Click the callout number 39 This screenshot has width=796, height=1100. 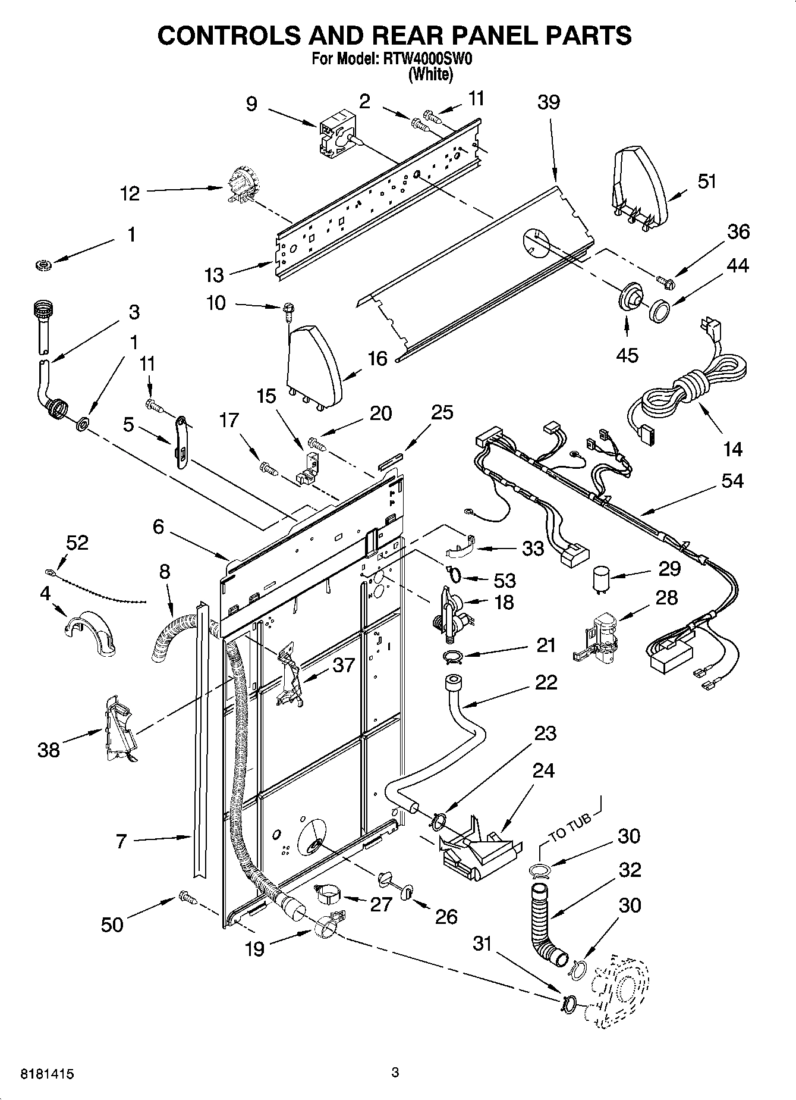(548, 102)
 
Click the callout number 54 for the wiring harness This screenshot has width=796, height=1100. (732, 480)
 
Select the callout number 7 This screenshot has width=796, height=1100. (121, 841)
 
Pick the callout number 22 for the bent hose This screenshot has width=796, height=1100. (545, 682)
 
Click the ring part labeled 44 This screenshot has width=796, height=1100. (659, 312)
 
